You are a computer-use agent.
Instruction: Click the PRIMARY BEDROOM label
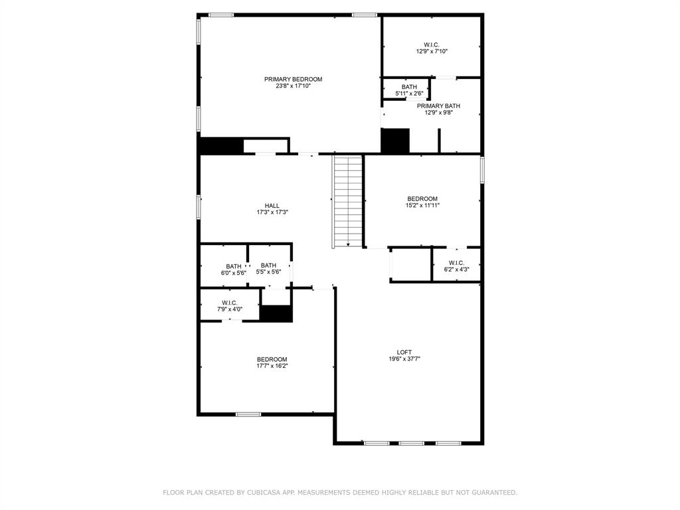(x=293, y=79)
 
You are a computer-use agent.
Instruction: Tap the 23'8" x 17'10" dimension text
(x=293, y=86)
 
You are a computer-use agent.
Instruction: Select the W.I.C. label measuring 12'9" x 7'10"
(x=432, y=44)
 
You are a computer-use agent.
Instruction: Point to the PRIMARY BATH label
(x=438, y=106)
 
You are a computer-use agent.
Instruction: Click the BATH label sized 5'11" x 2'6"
(x=409, y=87)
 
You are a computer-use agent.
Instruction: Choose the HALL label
(x=272, y=206)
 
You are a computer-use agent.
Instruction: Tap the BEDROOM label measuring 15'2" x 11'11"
(x=422, y=199)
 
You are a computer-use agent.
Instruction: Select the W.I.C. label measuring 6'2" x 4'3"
(x=456, y=262)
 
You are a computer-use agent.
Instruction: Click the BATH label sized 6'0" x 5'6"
(x=234, y=266)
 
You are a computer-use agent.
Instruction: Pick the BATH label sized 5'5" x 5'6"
(x=268, y=266)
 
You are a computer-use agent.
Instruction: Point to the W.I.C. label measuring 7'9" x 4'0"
(x=230, y=303)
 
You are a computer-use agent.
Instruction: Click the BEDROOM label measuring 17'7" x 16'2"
(x=272, y=359)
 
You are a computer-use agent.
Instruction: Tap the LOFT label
(x=404, y=352)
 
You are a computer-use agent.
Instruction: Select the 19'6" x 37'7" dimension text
(x=404, y=359)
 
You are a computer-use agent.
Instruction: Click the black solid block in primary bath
(x=395, y=141)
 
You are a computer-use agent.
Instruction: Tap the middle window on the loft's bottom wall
(x=412, y=443)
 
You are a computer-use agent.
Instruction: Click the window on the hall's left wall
(x=199, y=207)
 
